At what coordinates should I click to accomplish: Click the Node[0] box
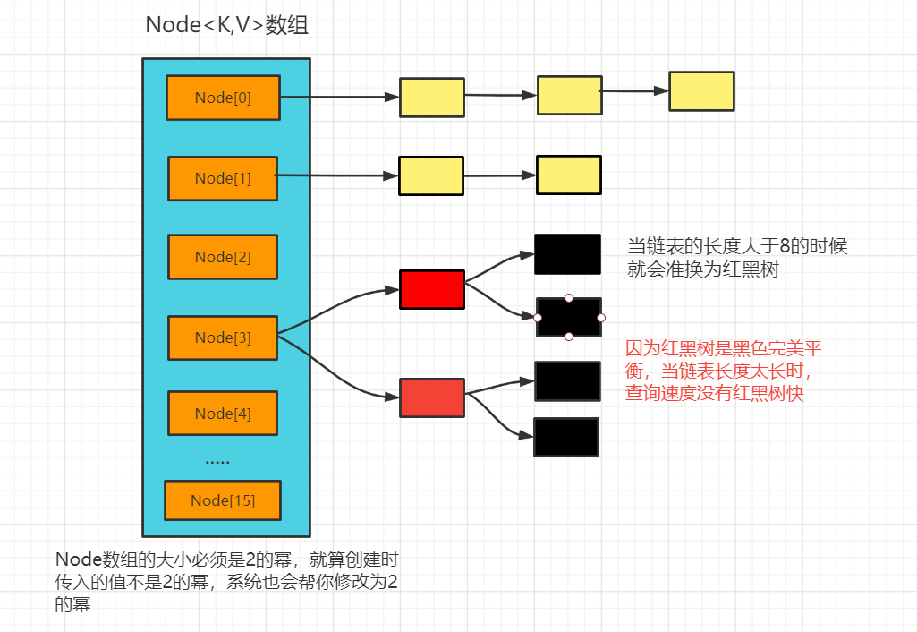pyautogui.click(x=223, y=98)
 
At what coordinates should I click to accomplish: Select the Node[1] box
pyautogui.click(x=223, y=178)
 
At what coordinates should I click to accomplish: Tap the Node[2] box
pyautogui.click(x=223, y=257)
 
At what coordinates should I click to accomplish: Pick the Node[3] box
pyautogui.click(x=223, y=337)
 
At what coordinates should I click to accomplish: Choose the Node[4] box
pyautogui.click(x=223, y=414)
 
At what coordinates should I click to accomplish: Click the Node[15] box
pyautogui.click(x=223, y=500)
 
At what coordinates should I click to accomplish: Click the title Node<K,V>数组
pyautogui.click(x=227, y=26)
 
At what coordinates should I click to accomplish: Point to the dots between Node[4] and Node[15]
pyautogui.click(x=217, y=463)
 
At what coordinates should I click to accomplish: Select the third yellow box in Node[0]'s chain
pyautogui.click(x=701, y=91)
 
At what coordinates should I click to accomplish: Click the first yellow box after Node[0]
pyautogui.click(x=432, y=98)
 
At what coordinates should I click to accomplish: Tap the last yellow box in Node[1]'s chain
pyautogui.click(x=569, y=175)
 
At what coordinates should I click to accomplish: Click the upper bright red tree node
pyautogui.click(x=432, y=290)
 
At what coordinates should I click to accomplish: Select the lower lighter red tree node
pyautogui.click(x=432, y=397)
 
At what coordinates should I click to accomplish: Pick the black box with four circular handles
pyautogui.click(x=569, y=317)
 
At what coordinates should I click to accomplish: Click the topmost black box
pyautogui.click(x=567, y=254)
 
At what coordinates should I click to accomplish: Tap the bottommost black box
pyautogui.click(x=566, y=437)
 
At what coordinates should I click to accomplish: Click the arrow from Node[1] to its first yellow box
pyautogui.click(x=340, y=176)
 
